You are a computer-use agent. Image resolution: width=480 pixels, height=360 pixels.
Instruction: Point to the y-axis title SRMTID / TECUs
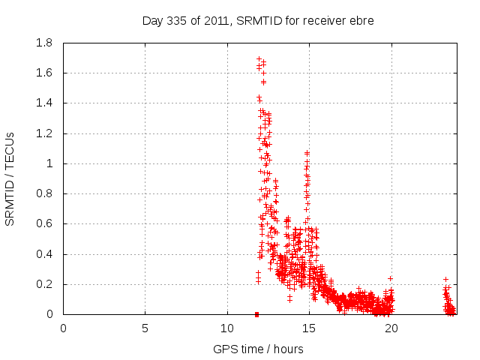click(x=10, y=178)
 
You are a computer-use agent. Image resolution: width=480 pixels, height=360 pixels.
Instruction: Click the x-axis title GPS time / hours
click(x=258, y=349)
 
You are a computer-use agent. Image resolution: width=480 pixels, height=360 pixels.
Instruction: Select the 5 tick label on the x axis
click(x=145, y=328)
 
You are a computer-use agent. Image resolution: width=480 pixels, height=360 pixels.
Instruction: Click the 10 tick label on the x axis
click(x=227, y=328)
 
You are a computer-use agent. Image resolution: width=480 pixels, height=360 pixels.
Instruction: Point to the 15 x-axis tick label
click(x=310, y=328)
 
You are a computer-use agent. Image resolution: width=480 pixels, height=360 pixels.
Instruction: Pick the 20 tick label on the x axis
click(x=391, y=328)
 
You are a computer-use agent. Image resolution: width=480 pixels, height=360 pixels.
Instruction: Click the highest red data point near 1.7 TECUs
click(x=259, y=58)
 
